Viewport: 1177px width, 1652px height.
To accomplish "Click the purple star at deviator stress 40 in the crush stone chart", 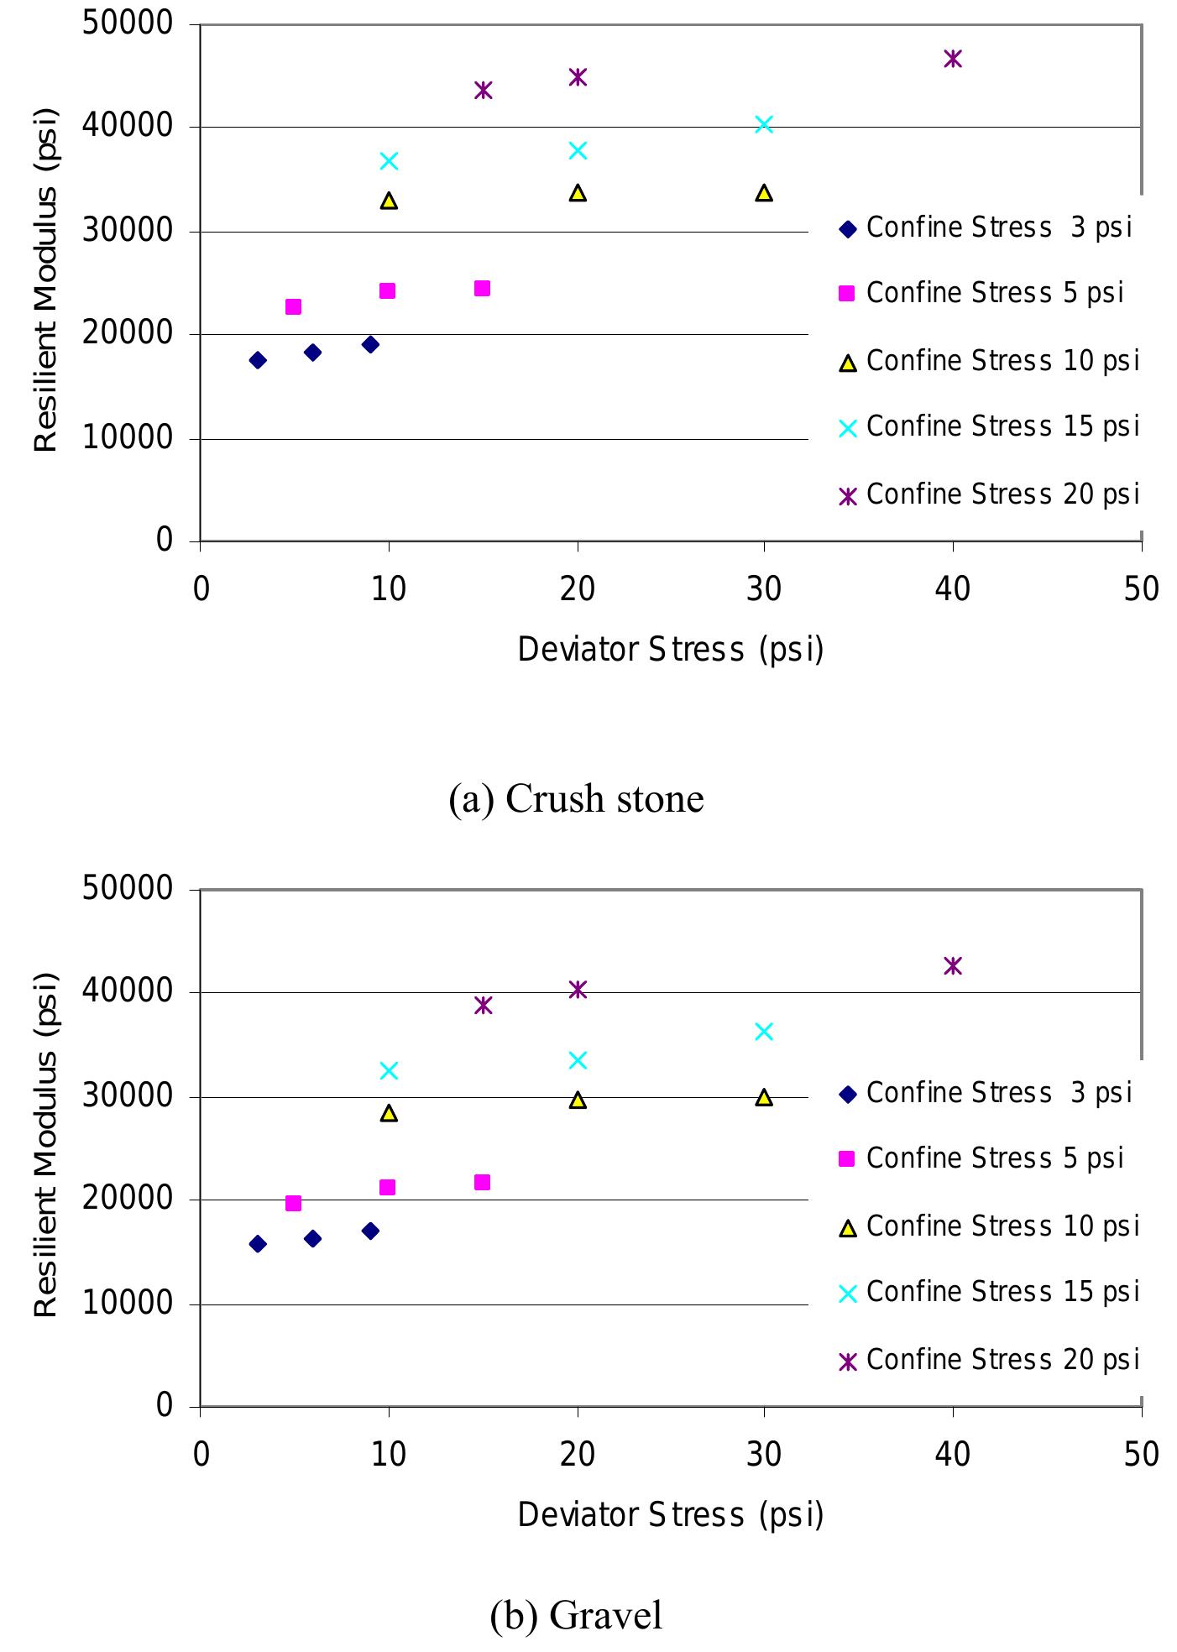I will point(952,59).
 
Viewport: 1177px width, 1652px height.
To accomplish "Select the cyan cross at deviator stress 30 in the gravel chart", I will point(764,1032).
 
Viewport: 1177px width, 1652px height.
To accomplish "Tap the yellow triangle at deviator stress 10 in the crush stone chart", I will point(389,201).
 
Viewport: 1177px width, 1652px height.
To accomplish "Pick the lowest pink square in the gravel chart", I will point(293,1204).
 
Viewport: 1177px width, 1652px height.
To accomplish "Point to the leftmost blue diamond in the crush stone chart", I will point(258,360).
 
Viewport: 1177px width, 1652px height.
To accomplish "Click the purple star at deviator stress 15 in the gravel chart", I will point(483,1005).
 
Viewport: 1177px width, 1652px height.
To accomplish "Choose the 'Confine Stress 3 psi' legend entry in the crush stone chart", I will point(987,227).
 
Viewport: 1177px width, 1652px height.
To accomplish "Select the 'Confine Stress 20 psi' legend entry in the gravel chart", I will point(991,1359).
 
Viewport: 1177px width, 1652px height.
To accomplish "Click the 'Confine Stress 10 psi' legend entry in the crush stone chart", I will point(991,361).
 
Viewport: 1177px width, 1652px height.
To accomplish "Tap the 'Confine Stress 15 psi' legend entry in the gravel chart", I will point(991,1292).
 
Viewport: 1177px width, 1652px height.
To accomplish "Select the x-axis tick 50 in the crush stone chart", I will point(1141,589).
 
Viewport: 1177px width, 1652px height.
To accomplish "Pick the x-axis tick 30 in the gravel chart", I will point(764,1454).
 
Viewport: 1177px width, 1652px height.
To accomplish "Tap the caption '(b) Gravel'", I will point(576,1615).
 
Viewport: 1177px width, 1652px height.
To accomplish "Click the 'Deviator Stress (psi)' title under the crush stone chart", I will point(670,650).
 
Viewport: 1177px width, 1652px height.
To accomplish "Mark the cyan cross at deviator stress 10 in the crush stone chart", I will point(389,161).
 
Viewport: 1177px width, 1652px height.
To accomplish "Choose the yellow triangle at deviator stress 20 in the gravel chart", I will point(578,1100).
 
